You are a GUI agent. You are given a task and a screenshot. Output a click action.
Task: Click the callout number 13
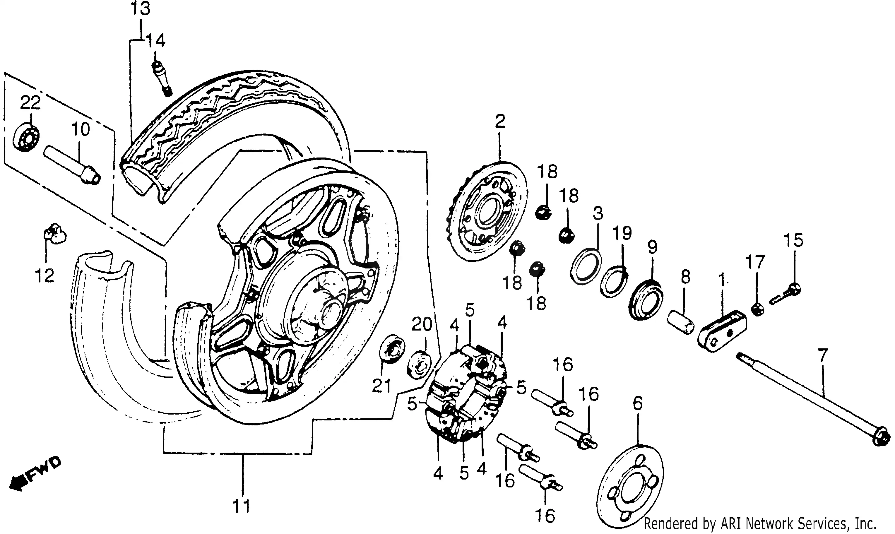(140, 8)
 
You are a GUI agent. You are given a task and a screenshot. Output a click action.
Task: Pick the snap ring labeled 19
(614, 280)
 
